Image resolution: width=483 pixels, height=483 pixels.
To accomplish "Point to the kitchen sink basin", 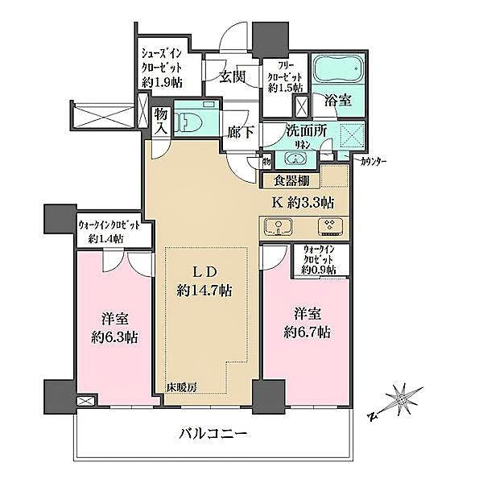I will pyautogui.click(x=275, y=228).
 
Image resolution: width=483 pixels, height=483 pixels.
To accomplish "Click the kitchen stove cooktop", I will pyautogui.click(x=327, y=227).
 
